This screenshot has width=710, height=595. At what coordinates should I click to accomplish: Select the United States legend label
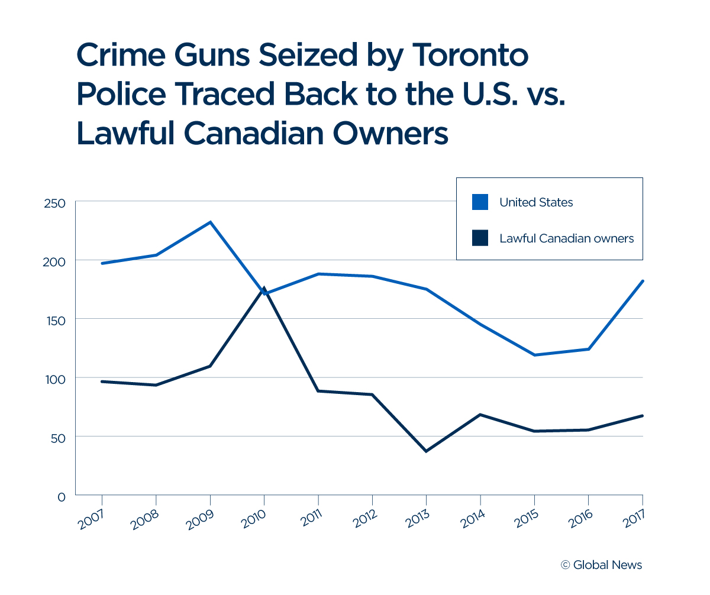[536, 202]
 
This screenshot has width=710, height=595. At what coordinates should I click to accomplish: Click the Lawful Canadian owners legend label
[566, 238]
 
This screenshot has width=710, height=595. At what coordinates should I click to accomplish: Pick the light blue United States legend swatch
[480, 202]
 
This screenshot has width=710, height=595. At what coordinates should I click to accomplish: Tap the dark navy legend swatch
[480, 238]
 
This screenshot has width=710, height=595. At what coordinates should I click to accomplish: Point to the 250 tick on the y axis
[54, 203]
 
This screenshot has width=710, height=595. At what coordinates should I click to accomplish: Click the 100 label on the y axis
[54, 379]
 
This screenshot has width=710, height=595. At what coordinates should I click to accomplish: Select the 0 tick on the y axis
[61, 496]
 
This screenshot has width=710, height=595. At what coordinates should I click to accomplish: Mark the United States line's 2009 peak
[210, 222]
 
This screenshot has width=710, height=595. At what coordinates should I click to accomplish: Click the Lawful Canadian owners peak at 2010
[264, 289]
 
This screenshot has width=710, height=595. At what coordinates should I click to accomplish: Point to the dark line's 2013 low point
[426, 451]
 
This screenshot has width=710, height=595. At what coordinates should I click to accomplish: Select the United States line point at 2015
[534, 355]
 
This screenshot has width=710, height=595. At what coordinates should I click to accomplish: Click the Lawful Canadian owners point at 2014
[480, 415]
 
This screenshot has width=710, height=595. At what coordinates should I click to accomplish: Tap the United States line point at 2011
[318, 274]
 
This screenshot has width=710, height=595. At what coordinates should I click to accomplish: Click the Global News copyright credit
[601, 565]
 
